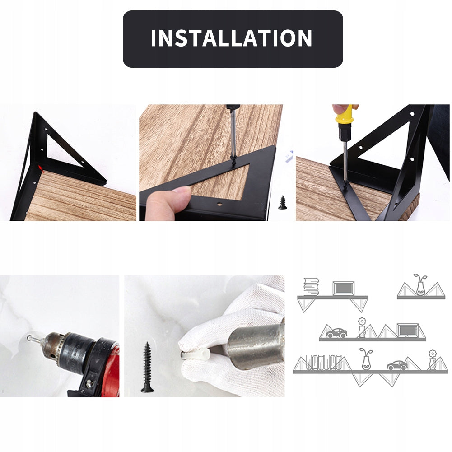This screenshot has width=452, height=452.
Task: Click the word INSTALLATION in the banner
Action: coord(232,38)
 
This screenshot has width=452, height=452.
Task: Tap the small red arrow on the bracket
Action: coord(41,168)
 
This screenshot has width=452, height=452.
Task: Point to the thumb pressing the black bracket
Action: coord(168,203)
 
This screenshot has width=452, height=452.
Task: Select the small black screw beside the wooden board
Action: coord(283,202)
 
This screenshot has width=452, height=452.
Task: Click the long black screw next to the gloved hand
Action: coord(147,367)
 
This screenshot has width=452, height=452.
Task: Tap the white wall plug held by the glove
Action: coord(195,354)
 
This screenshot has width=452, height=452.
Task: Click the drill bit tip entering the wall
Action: coord(29,337)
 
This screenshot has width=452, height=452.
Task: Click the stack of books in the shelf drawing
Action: coord(311,287)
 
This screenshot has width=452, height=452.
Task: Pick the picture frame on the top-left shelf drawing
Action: coord(343,288)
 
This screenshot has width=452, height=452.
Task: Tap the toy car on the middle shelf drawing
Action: coord(336,333)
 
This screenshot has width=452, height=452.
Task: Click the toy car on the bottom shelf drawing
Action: coord(397,365)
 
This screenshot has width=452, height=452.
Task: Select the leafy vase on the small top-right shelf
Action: coord(420,285)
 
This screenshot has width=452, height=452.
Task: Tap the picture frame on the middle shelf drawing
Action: coord(408,331)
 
